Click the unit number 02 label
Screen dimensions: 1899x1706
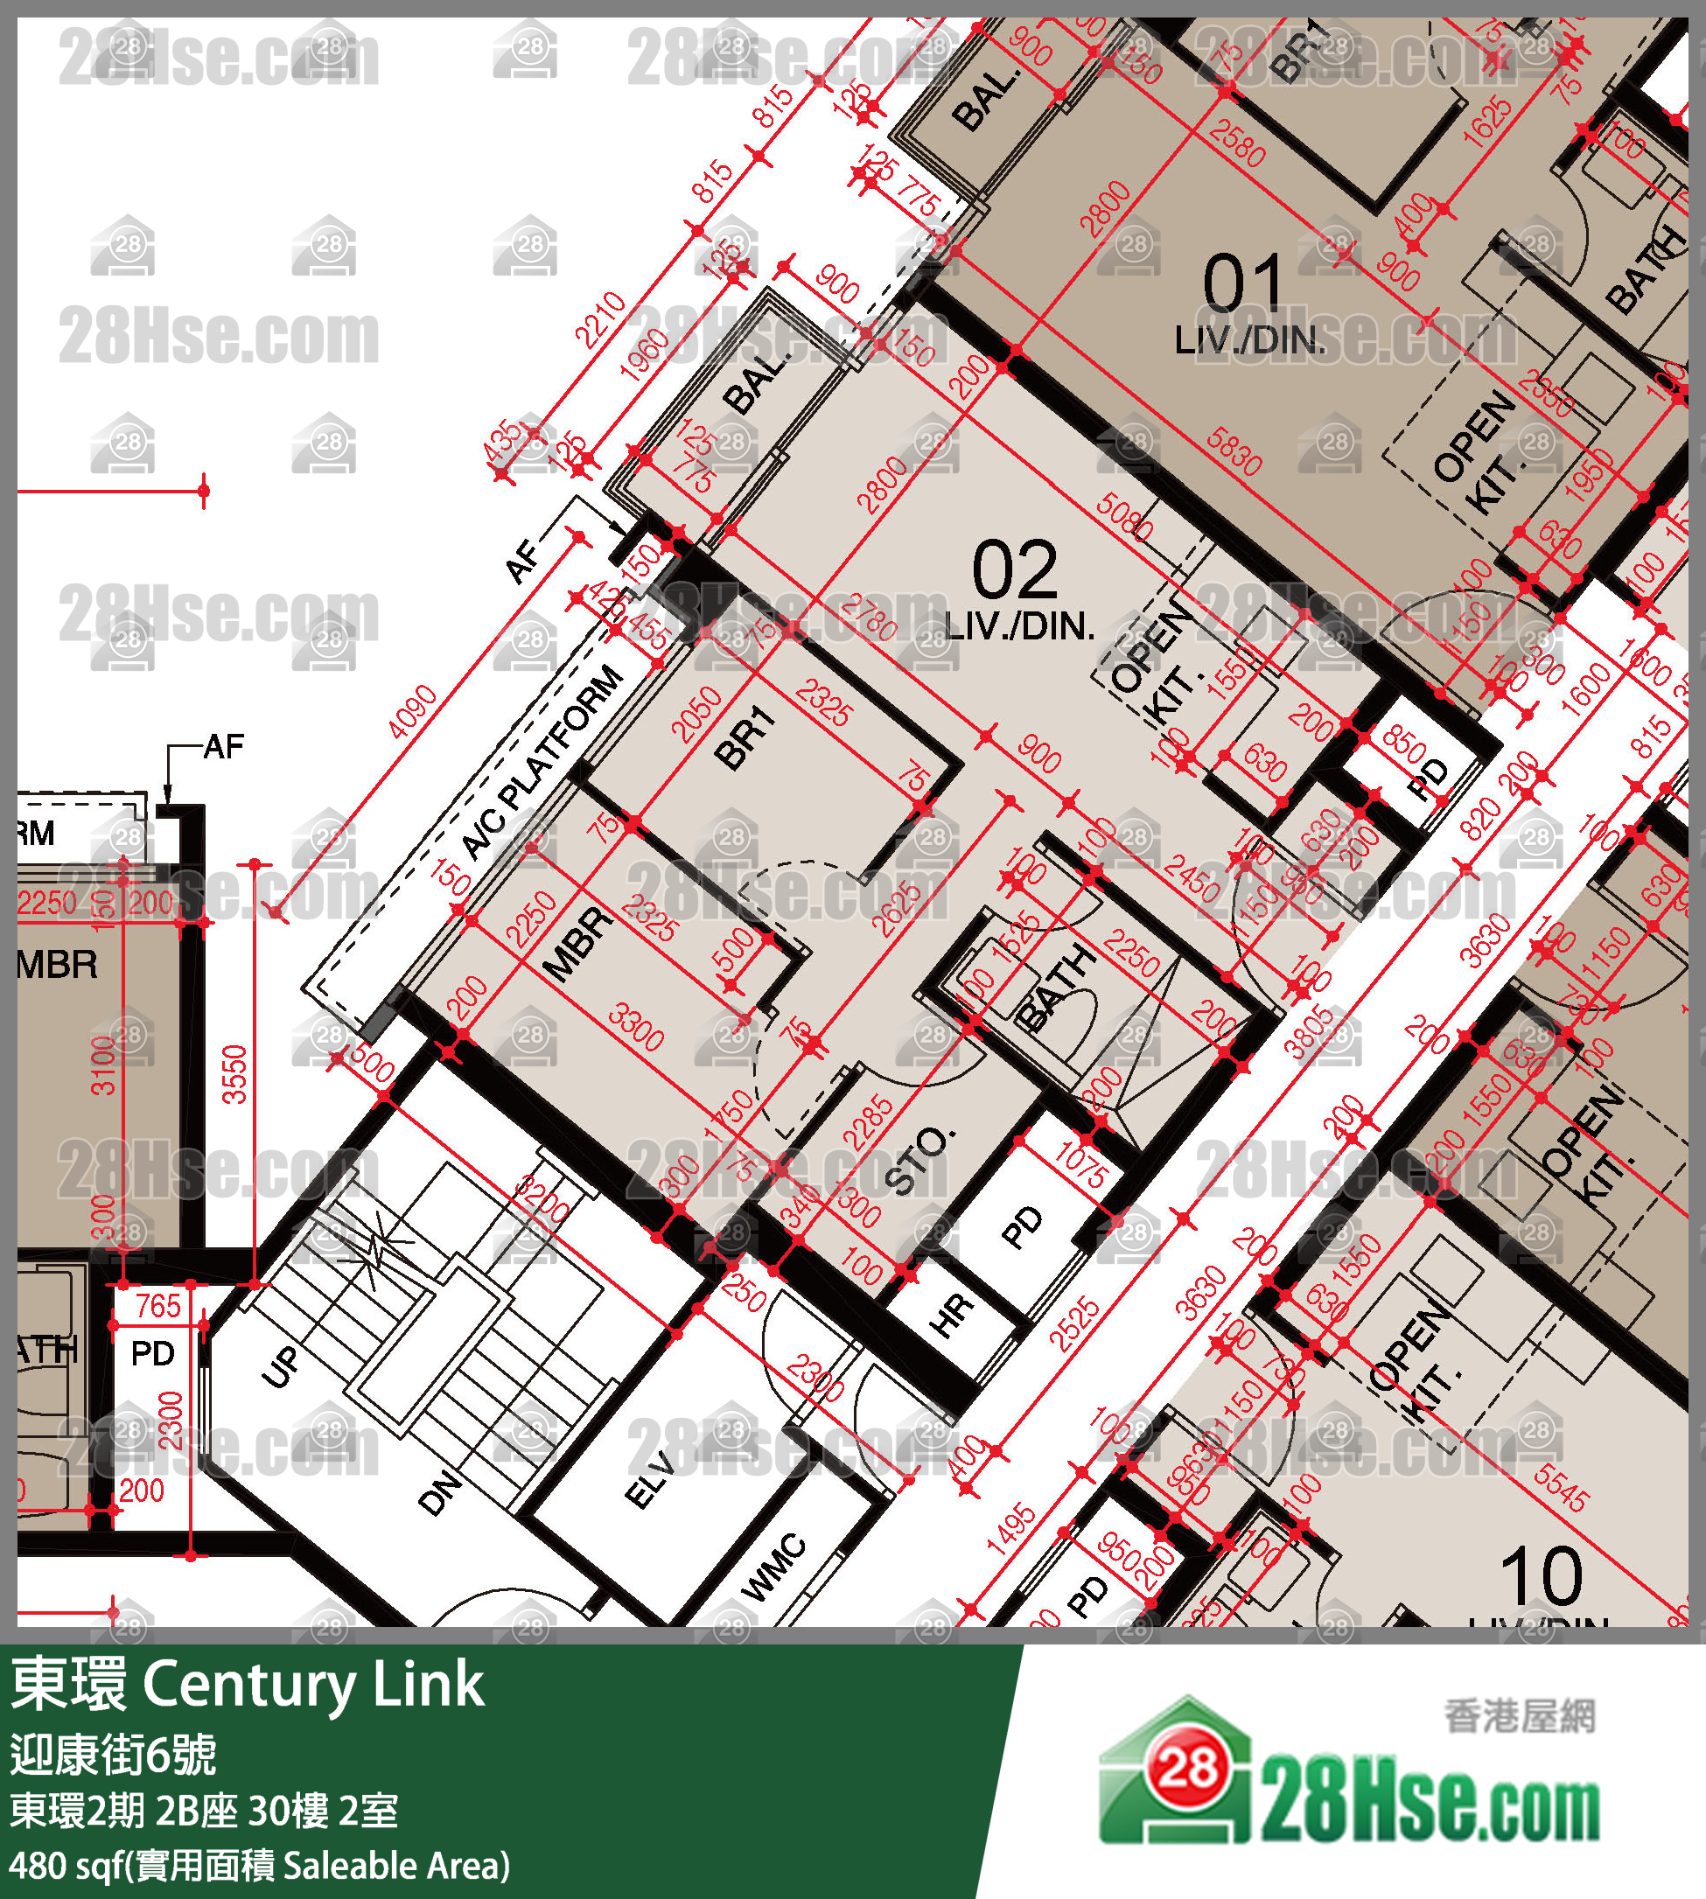(x=1014, y=570)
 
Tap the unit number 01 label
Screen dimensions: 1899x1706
(x=1242, y=284)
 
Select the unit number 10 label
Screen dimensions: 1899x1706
(x=1541, y=1576)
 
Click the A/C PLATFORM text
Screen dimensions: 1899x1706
(x=543, y=761)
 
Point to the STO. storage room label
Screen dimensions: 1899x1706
(x=920, y=1162)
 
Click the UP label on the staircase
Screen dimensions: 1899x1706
(x=280, y=1365)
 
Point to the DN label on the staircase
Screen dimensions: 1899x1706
(x=438, y=1492)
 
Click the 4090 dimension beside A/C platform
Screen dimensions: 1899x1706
(x=412, y=711)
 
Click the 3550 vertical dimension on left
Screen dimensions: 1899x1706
(x=234, y=1074)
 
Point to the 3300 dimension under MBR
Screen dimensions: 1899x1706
(x=637, y=1026)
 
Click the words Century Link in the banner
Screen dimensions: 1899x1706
(x=313, y=1685)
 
